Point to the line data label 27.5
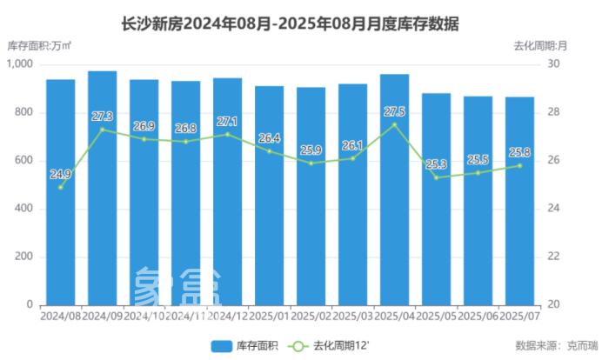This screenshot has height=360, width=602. [394, 111]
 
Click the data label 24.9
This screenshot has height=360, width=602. [60, 174]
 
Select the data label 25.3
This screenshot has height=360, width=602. [437, 164]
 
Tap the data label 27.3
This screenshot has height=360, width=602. [102, 116]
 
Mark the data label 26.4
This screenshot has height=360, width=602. [269, 137]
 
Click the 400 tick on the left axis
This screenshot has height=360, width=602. [23, 209]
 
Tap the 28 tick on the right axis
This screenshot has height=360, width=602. [555, 112]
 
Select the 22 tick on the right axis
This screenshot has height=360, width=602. [555, 257]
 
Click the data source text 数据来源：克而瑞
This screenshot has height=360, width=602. [550, 345]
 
